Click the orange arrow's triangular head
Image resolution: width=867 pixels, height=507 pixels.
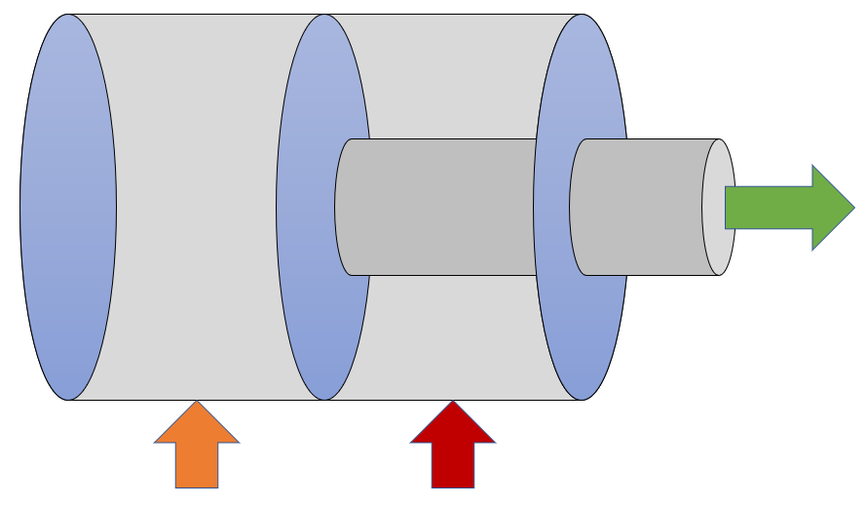pyautogui.click(x=197, y=426)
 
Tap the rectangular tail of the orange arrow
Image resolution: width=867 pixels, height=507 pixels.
pyautogui.click(x=197, y=465)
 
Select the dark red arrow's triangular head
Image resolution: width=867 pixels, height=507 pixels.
pyautogui.click(x=453, y=426)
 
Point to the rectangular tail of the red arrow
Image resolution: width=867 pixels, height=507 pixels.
pyautogui.click(x=453, y=465)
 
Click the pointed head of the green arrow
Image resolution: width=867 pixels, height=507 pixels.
pyautogui.click(x=831, y=207)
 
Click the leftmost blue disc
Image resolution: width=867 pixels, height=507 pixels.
pyautogui.click(x=68, y=207)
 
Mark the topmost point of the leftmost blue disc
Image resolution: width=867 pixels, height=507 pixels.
pyautogui.click(x=68, y=15)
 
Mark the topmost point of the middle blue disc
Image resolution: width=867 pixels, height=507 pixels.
pyautogui.click(x=324, y=15)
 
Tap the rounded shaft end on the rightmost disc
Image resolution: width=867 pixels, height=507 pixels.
pyautogui.click(x=576, y=207)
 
